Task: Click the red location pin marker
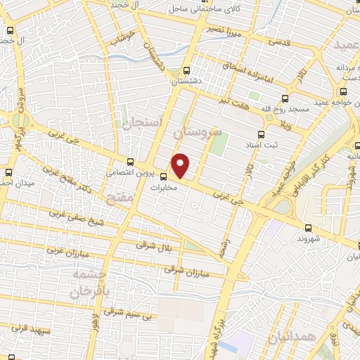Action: click(181, 165)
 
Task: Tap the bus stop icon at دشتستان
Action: click(186, 70)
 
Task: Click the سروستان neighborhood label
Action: click(201, 131)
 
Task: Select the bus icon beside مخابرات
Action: click(164, 176)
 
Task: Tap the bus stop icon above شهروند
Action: click(309, 227)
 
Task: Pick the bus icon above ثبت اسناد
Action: click(262, 134)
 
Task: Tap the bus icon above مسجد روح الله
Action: click(285, 98)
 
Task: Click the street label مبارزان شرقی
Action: click(183, 269)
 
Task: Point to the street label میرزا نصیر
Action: click(226, 32)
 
